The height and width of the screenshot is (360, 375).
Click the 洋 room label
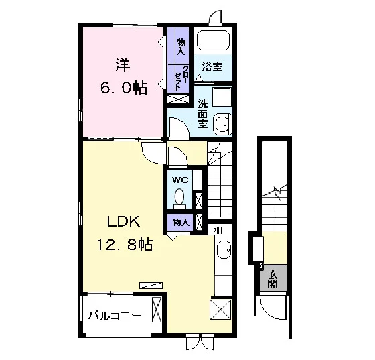click(123, 64)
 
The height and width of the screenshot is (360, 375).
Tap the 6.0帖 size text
click(123, 88)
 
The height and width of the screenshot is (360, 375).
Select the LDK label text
click(123, 221)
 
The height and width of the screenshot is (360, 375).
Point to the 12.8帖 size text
click(124, 244)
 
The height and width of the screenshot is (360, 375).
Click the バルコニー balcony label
click(115, 316)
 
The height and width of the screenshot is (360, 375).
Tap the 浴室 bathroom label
click(212, 67)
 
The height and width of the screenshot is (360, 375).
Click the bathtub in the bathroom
click(213, 40)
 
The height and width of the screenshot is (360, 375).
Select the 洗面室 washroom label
click(202, 113)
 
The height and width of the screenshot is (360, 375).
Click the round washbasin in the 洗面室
click(222, 124)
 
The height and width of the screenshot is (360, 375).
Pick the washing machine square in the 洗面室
click(222, 97)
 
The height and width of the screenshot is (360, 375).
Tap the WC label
click(180, 180)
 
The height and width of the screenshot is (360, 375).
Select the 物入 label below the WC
click(181, 223)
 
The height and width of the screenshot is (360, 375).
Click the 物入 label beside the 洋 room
click(181, 47)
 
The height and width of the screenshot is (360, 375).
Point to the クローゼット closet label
click(181, 78)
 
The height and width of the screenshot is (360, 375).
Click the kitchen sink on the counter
click(224, 249)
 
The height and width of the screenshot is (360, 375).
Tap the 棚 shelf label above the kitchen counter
click(218, 230)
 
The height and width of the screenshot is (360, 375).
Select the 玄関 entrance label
click(273, 279)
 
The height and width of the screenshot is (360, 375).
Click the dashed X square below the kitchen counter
click(220, 309)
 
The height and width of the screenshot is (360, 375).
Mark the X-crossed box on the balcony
click(157, 309)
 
